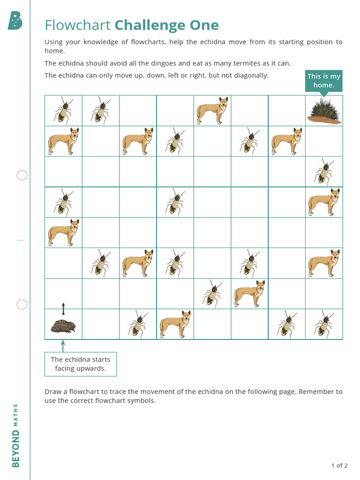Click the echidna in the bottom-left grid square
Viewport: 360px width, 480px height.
63,326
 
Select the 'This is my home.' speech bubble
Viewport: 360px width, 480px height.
323,81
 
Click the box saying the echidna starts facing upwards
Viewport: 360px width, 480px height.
81,364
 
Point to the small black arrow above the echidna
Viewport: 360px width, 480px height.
63,309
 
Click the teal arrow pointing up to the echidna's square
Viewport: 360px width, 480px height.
63,345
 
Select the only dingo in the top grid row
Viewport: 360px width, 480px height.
212,111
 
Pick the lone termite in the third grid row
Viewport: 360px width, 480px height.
324,172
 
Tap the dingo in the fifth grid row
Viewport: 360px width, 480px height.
63,232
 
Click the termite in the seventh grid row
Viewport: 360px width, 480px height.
212,294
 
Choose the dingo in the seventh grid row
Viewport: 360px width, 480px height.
249,294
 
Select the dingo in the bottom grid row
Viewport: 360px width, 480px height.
175,324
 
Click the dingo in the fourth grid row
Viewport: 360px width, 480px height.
324,202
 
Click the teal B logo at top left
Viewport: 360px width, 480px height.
15,21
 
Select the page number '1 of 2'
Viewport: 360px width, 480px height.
339,465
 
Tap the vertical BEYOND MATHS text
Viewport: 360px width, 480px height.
16,435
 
